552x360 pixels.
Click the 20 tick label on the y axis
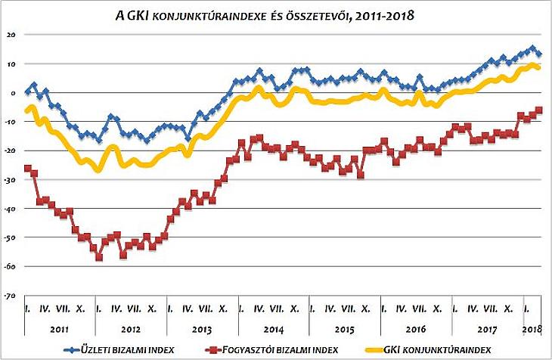tap(10, 35)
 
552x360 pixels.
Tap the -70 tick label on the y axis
tap(9, 295)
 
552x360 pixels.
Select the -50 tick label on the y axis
tap(9, 237)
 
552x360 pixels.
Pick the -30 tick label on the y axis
tap(9, 180)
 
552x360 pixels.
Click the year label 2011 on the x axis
tap(60, 330)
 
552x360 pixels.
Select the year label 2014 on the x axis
tap(273, 330)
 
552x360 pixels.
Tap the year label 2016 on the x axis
tap(416, 330)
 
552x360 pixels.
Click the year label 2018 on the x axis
tap(532, 330)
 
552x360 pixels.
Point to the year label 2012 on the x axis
tap(131, 330)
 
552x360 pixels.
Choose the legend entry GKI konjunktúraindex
tap(449, 350)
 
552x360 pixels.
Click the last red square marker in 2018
tap(539, 110)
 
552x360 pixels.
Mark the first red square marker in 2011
tap(28, 168)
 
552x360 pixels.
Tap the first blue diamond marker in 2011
tap(28, 92)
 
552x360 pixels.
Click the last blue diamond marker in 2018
tap(538, 54)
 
